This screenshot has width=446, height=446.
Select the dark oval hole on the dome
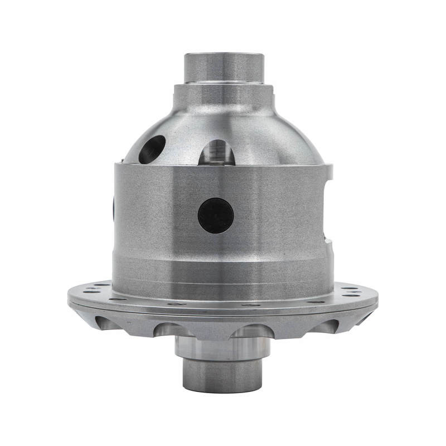tap(152, 149)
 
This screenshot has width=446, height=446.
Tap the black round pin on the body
tap(216, 216)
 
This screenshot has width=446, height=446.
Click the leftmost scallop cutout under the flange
tap(107, 323)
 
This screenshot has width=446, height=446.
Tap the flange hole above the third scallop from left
tap(251, 305)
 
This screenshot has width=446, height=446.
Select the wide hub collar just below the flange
tap(222, 348)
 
